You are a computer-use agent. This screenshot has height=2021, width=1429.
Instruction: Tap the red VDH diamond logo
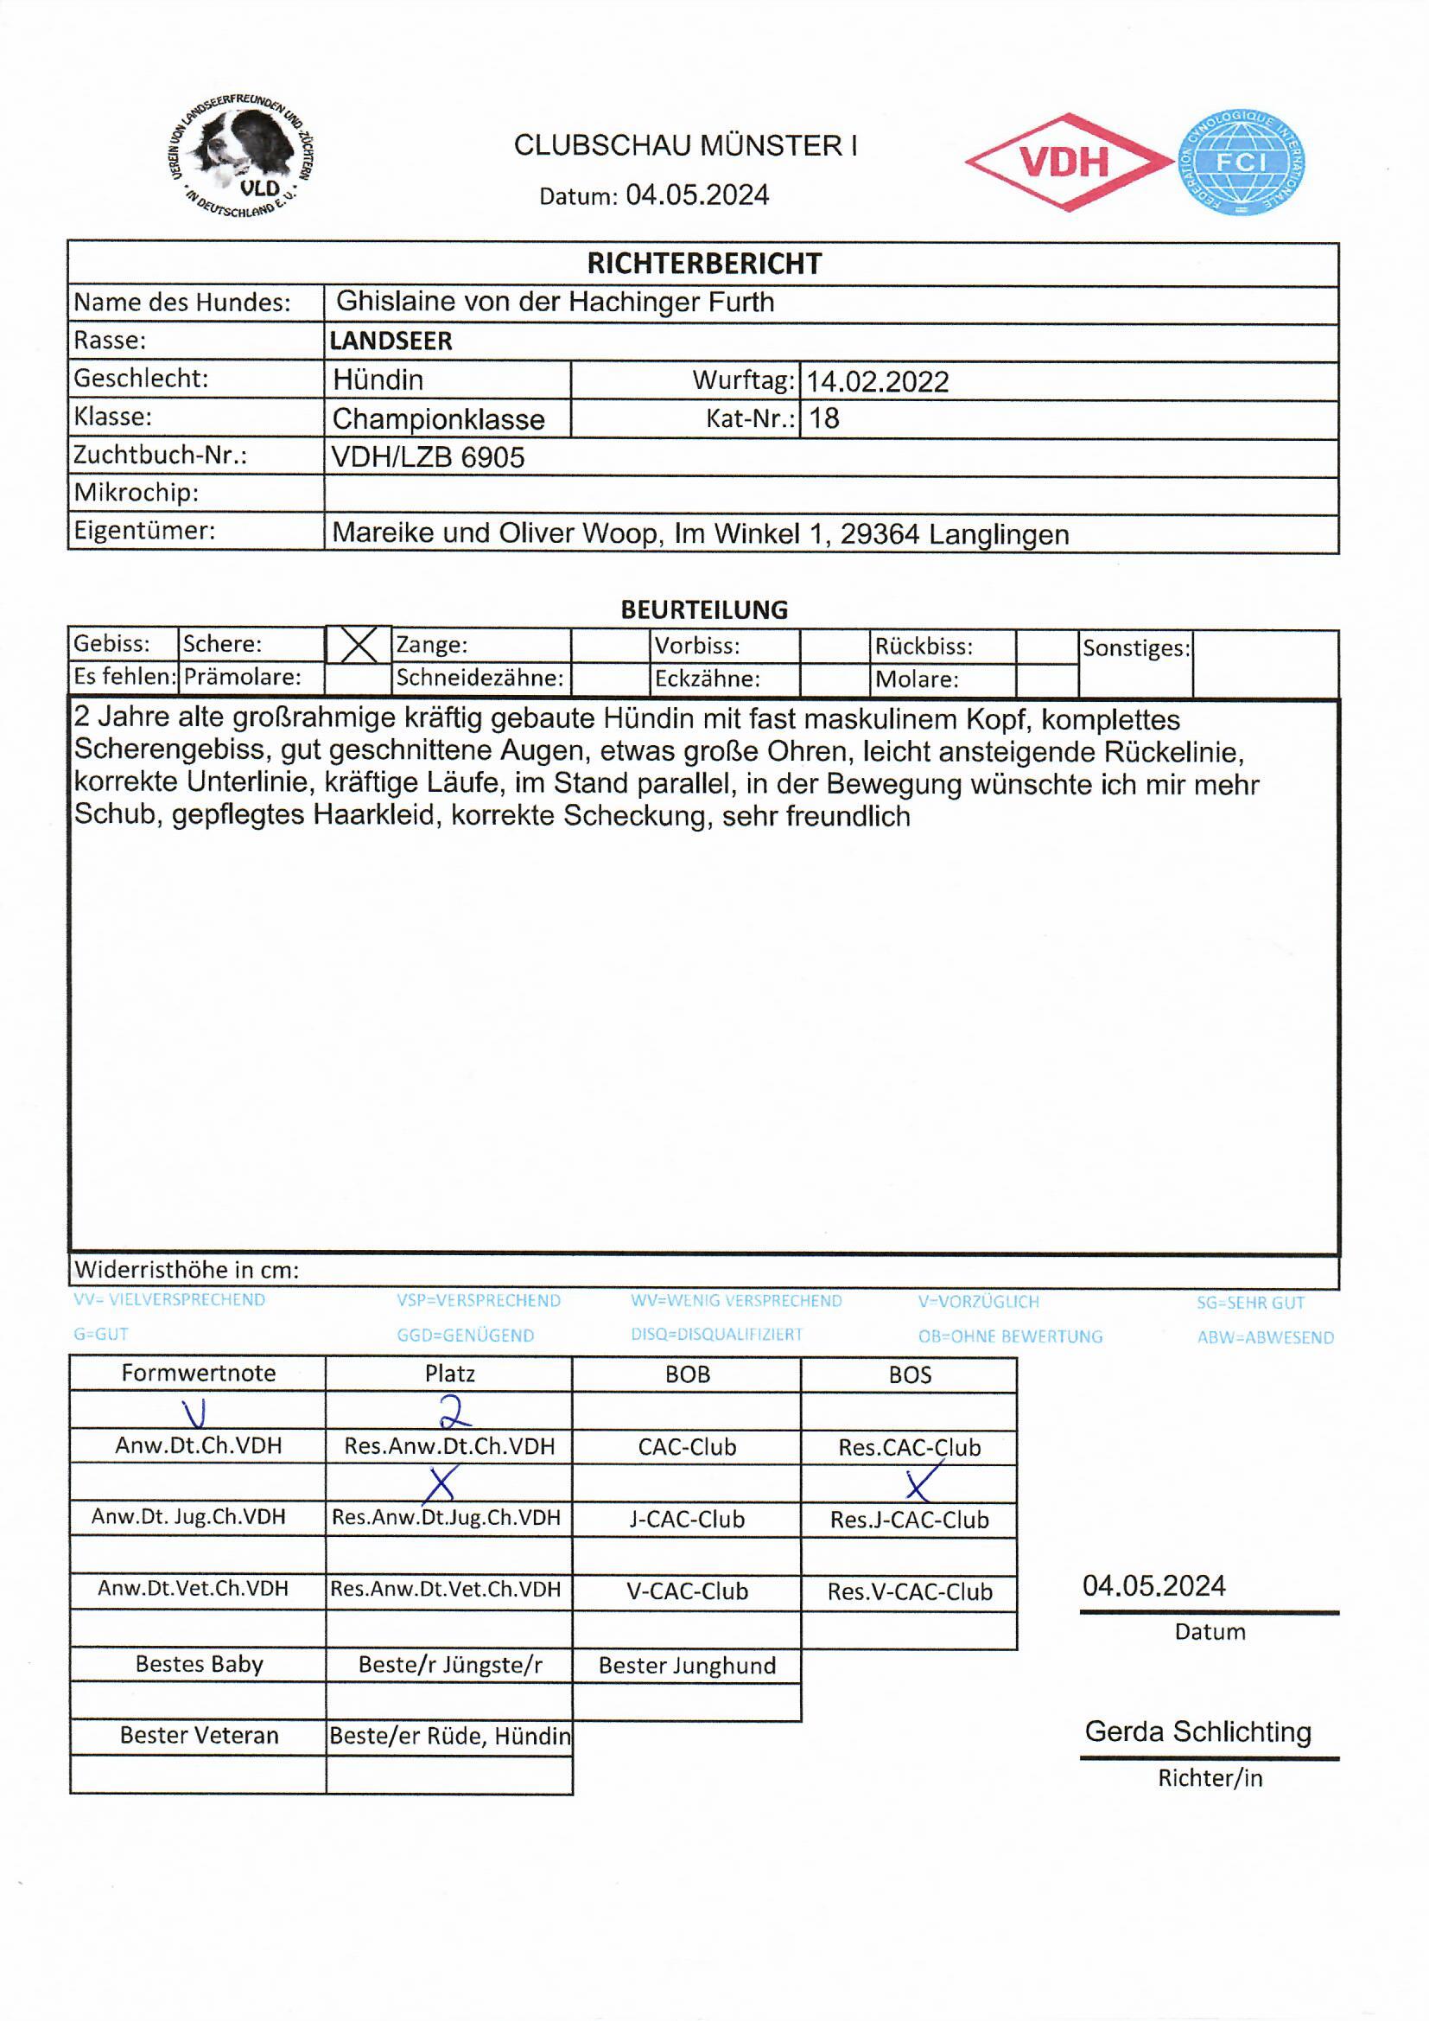point(1066,162)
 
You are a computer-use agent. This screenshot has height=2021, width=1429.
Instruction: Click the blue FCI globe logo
point(1241,163)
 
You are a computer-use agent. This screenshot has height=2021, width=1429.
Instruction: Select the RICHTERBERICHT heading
point(703,263)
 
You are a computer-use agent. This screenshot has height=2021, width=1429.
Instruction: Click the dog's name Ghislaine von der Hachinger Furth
point(556,302)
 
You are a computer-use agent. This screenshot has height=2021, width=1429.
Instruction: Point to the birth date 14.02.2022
point(877,381)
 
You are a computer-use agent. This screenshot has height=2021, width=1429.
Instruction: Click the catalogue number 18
point(823,418)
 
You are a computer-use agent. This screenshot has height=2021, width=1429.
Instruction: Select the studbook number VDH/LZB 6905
point(428,456)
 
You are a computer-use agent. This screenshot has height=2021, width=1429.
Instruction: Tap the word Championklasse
point(438,419)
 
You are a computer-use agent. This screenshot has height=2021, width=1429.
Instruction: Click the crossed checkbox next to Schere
point(359,644)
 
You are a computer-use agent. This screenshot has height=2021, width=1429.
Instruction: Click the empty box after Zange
point(610,645)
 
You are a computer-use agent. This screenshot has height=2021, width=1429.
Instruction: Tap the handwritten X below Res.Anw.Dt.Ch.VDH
point(440,1484)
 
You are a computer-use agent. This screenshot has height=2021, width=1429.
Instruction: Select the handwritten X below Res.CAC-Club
point(918,1484)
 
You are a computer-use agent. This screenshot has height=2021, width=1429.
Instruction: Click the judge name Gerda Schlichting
point(1197,1731)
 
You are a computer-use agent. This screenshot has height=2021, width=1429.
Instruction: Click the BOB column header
point(686,1374)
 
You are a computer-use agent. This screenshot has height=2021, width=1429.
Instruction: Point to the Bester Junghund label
point(686,1665)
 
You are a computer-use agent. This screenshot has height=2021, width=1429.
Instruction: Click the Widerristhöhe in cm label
point(187,1269)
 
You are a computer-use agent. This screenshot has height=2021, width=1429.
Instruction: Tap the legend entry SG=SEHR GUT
point(1249,1302)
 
